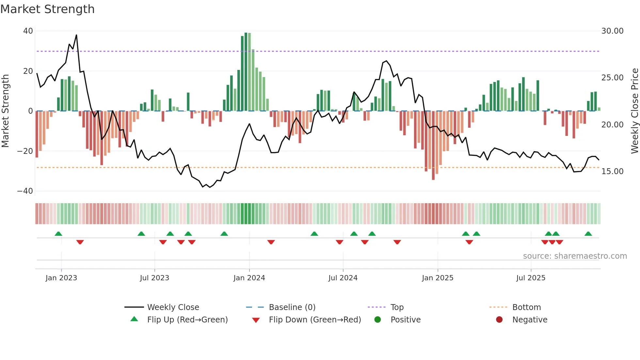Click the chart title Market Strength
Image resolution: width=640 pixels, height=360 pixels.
(47, 9)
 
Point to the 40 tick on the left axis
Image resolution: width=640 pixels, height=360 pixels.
(28, 31)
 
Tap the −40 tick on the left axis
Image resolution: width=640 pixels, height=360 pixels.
(25, 191)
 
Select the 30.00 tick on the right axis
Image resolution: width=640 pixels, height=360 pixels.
(612, 31)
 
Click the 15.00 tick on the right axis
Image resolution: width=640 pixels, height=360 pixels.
(612, 172)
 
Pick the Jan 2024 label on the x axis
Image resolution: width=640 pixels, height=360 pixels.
(249, 278)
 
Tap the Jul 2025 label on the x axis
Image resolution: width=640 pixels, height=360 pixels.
(531, 278)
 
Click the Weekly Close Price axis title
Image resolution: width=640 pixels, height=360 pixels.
(634, 111)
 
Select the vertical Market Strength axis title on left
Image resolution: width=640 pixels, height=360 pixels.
(5, 111)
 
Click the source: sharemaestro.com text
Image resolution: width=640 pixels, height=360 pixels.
(575, 256)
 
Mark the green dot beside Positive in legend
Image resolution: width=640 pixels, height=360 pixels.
(378, 320)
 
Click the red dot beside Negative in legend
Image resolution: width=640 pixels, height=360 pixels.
(499, 320)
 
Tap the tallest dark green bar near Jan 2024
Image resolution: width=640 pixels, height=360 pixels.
(246, 72)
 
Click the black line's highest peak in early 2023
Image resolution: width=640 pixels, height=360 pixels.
(76, 35)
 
